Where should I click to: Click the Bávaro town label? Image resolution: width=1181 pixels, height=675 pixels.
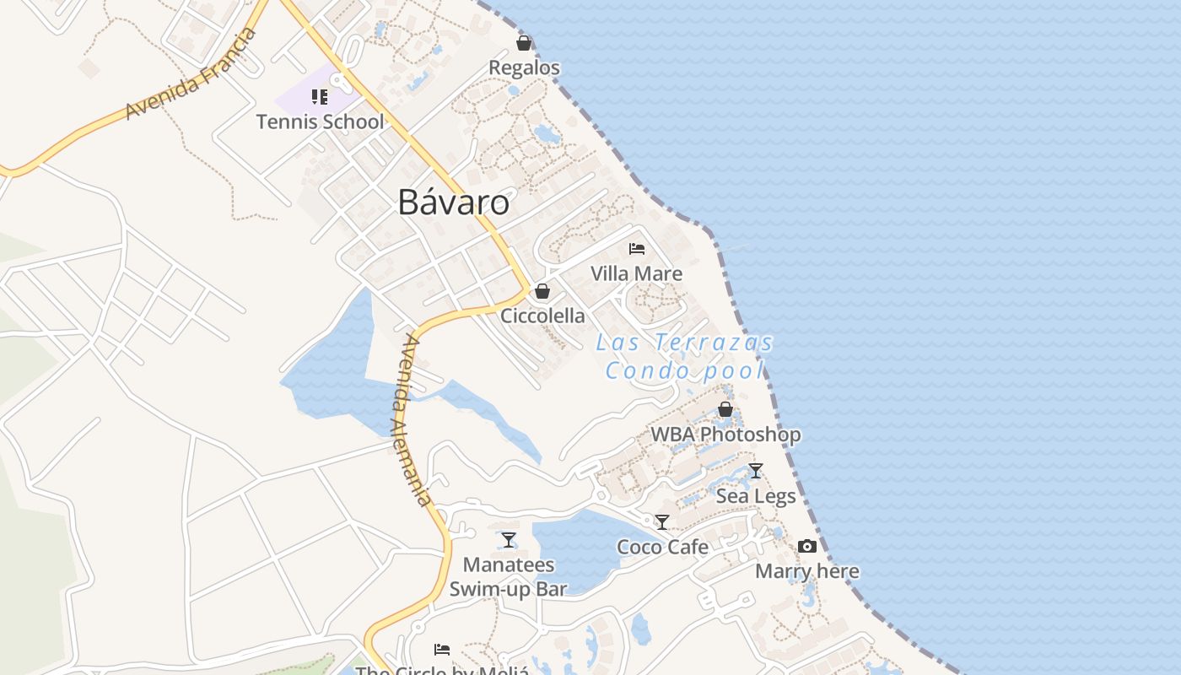454,202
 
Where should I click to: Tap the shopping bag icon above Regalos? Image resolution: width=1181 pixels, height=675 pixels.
524,43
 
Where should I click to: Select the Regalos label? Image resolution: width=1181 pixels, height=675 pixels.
524,67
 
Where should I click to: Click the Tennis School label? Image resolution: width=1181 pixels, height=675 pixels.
320,121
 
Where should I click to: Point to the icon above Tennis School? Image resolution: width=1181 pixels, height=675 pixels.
320,97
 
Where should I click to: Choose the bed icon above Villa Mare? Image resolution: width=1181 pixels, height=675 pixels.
637,249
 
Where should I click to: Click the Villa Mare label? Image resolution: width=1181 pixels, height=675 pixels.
636,273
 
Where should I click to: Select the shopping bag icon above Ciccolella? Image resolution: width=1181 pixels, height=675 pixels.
542,291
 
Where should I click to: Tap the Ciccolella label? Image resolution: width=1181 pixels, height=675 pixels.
542,316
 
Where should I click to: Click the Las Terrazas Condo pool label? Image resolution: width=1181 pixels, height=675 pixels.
684,356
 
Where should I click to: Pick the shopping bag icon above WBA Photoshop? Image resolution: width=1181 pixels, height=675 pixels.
725,410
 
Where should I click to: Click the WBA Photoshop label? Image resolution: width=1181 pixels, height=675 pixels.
725,435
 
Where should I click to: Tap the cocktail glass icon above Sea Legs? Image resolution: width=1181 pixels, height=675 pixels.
756,471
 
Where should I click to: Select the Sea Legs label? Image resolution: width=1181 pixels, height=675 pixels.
756,496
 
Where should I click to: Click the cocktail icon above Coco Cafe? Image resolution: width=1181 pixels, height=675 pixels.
662,522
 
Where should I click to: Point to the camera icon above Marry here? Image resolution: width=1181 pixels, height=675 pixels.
807,547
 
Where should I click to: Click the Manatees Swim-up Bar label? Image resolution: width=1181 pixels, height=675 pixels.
509,576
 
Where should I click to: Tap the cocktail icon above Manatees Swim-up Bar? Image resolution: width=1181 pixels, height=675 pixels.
509,539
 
